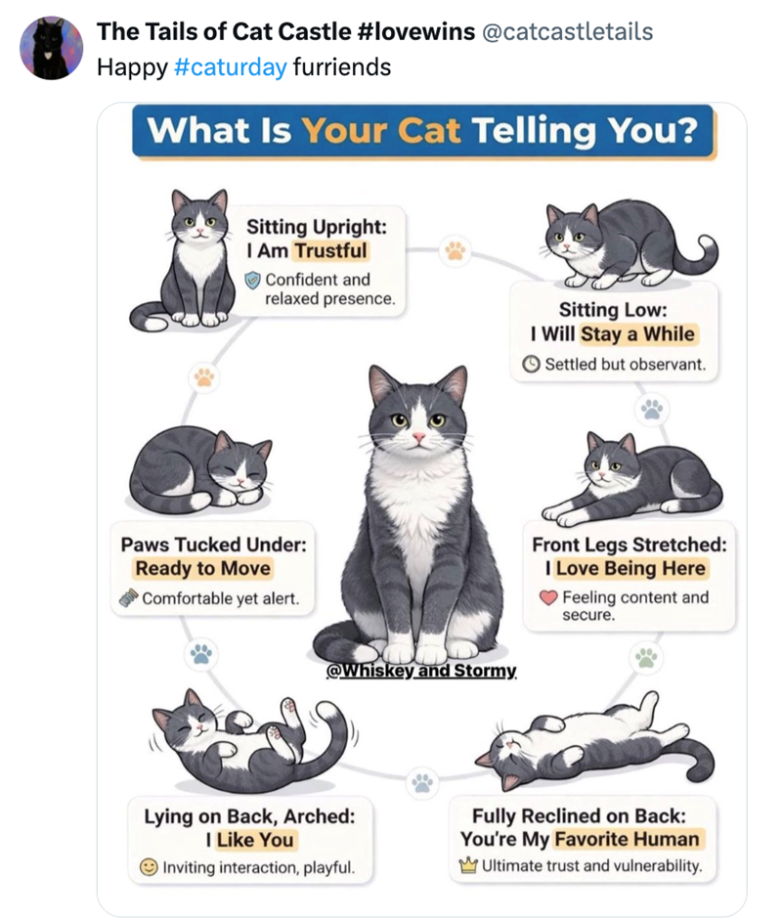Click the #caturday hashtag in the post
click(x=231, y=67)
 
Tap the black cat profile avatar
click(x=52, y=48)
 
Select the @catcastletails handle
click(x=567, y=31)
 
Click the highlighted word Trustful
click(x=330, y=250)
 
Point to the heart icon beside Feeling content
click(x=548, y=597)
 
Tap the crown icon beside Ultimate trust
click(x=468, y=865)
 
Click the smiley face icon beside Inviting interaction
click(x=149, y=866)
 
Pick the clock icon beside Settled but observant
click(x=531, y=365)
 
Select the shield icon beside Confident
click(x=252, y=281)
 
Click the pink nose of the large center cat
click(x=418, y=438)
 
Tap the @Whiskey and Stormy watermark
click(x=421, y=670)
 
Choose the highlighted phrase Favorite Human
click(x=628, y=839)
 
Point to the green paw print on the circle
click(x=646, y=657)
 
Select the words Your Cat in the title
click(x=381, y=130)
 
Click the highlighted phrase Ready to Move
click(x=203, y=568)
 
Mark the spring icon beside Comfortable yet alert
click(x=128, y=598)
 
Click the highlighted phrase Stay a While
click(x=637, y=333)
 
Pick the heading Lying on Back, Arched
click(x=250, y=816)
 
